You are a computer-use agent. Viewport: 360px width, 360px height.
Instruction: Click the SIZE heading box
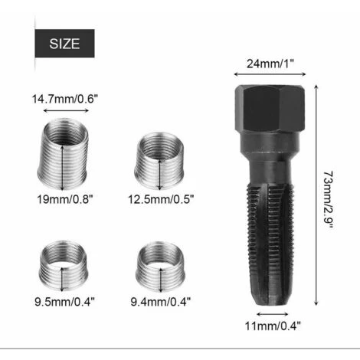(x=64, y=44)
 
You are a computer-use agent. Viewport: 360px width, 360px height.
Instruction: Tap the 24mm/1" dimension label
(x=270, y=64)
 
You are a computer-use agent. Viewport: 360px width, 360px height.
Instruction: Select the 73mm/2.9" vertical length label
(x=329, y=200)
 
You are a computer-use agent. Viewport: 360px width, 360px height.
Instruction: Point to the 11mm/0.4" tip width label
(x=273, y=326)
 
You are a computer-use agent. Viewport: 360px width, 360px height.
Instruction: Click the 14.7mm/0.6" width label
(x=65, y=99)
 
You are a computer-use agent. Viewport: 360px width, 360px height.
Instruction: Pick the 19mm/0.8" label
(x=64, y=199)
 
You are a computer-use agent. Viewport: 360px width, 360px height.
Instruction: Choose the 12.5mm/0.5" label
(x=161, y=199)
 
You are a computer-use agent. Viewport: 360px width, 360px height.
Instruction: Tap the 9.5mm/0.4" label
(x=64, y=302)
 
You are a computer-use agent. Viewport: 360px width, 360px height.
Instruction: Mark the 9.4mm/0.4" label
(x=161, y=302)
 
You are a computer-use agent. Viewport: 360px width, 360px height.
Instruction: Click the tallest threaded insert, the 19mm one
(x=63, y=154)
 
